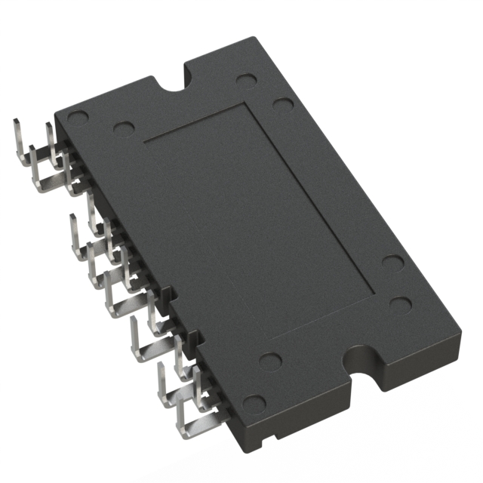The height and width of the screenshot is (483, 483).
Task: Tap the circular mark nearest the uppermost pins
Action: pos(79,118)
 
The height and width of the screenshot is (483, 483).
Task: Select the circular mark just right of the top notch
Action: pos(245,80)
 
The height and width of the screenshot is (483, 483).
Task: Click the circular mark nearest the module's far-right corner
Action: pos(401,305)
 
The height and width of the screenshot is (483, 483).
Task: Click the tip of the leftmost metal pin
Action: pos(16,121)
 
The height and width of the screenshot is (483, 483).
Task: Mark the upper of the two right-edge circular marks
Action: pos(392,262)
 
